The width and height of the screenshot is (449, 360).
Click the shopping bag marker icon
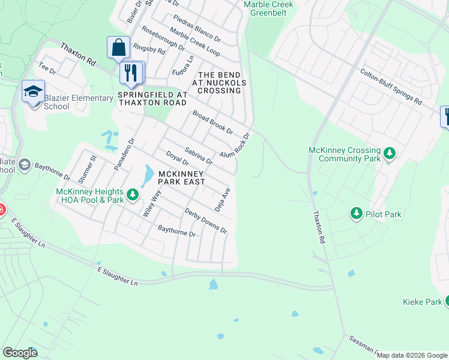tap(119, 47)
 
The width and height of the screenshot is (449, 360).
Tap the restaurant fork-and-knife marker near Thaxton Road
tap(130, 73)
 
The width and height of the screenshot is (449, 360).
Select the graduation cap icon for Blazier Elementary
tap(34, 91)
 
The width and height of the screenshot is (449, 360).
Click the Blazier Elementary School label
tap(78, 102)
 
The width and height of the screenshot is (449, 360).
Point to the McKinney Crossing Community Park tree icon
tap(390, 154)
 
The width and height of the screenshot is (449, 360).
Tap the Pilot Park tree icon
tap(357, 214)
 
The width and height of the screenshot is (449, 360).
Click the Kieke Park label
tap(422, 302)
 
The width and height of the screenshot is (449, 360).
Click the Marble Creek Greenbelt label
tap(268, 8)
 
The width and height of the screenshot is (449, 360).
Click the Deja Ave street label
tap(223, 200)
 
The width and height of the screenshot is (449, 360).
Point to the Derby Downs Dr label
tap(206, 221)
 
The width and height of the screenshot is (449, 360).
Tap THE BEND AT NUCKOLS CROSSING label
tap(219, 82)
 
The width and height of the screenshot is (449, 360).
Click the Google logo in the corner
tap(20, 352)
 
